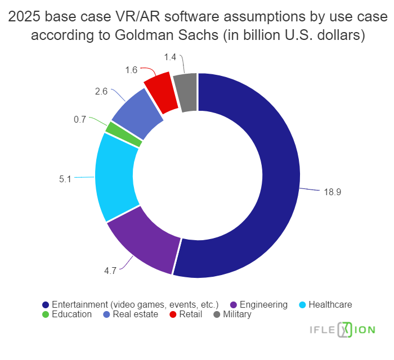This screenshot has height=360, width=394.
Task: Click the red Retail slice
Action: (x=159, y=93)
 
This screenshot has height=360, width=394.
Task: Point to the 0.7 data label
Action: (x=80, y=119)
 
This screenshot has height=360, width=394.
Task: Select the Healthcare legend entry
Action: (x=330, y=304)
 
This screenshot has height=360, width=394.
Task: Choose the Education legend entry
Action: (x=71, y=314)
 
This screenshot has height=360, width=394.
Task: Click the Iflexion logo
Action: (x=344, y=330)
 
